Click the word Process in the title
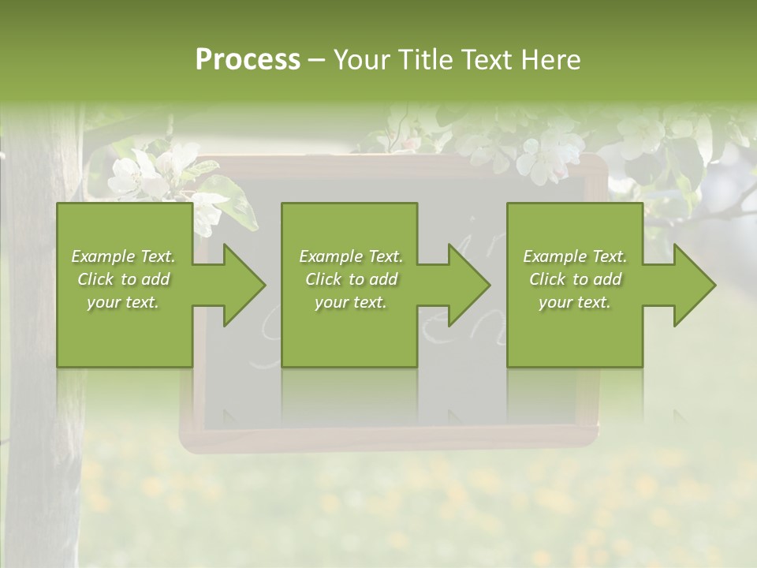click(248, 60)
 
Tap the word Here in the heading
click(551, 60)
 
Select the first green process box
click(125, 331)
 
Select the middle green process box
click(349, 331)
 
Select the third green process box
click(574, 331)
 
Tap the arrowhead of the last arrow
click(693, 285)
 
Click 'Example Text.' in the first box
click(123, 256)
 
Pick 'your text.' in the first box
click(123, 302)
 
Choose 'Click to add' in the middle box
click(351, 279)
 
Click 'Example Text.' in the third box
click(575, 256)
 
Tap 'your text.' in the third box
click(575, 302)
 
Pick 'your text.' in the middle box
click(351, 302)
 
